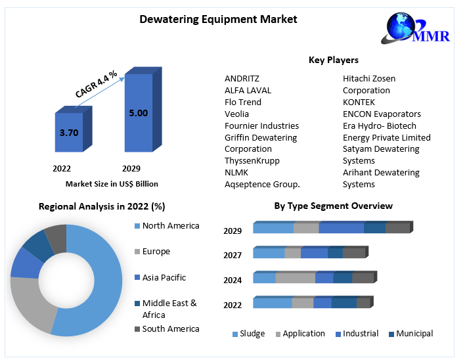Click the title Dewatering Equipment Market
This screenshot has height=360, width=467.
pos(218,19)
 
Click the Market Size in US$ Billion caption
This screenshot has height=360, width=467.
pos(112,184)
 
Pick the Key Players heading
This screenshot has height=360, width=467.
pos(334,60)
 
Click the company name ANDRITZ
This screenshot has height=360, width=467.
pos(242,79)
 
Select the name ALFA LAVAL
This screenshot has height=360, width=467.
pos(248,91)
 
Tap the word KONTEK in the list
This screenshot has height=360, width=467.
pos(359,102)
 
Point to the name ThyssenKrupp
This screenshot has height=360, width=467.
pos(252,161)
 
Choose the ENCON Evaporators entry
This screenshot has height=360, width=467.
pos(382,114)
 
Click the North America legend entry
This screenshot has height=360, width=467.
pos(170,226)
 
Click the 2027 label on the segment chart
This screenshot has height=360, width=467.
pos(233,256)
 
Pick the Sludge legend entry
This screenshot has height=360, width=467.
pos(252,334)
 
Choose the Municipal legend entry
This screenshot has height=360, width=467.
pos(414,334)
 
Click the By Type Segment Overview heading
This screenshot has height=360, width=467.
pos(333,206)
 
